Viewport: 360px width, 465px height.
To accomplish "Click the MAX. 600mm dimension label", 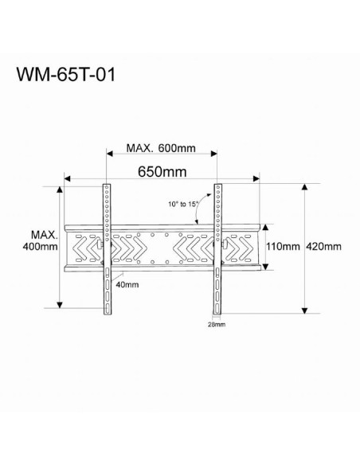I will point(161,149).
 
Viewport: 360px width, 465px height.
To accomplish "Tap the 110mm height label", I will point(282,246).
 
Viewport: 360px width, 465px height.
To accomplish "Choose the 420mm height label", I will point(325,246).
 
